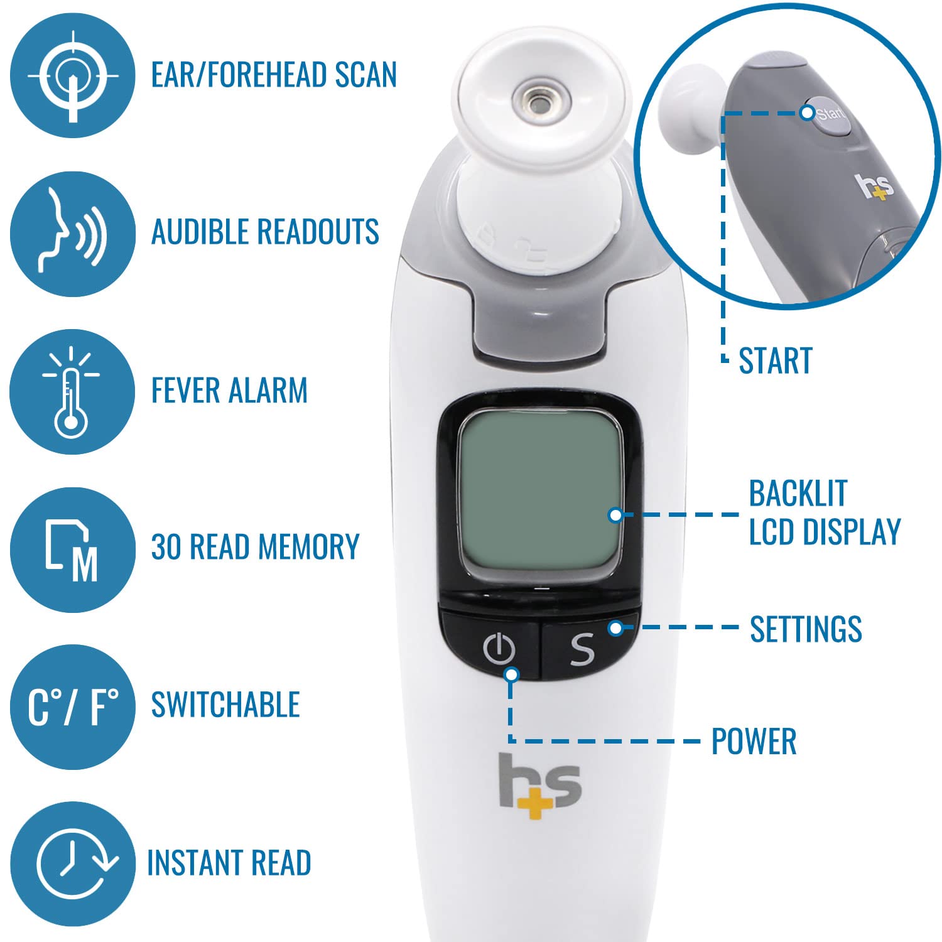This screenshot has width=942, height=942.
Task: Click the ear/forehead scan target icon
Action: pos(72,75)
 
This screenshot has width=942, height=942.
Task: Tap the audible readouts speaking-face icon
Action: pos(72,234)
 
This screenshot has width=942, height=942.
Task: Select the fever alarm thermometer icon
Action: pos(72,392)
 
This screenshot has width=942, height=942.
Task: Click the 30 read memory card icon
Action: pos(72,549)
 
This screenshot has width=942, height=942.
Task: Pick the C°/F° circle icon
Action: pos(72,707)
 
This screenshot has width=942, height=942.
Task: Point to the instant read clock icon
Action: pos(72,864)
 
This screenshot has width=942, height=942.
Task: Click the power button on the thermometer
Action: pos(499,649)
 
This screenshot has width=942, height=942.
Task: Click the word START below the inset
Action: pos(775,361)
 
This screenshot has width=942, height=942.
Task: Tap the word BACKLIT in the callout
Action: pos(798,494)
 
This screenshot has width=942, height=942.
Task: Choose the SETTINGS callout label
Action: pos(806,629)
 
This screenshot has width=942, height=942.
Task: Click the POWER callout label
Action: pos(754,742)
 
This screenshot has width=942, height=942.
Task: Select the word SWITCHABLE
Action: pos(225,705)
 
